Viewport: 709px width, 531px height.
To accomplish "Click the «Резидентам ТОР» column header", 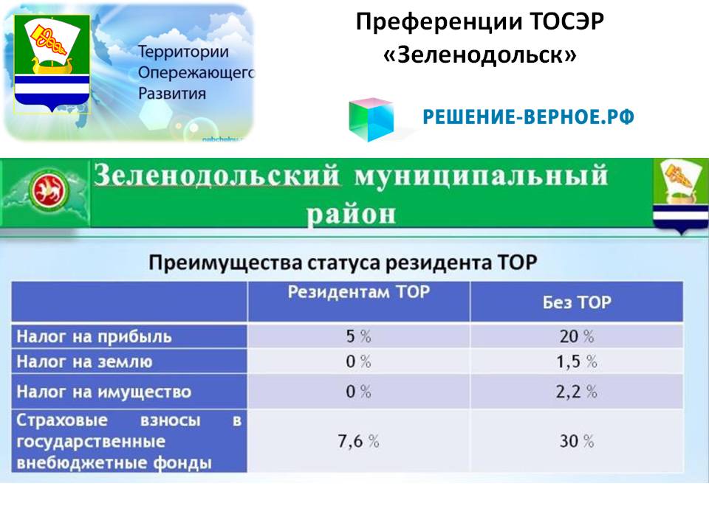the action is tap(359, 292).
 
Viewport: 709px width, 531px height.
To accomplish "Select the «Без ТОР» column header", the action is tap(577, 302).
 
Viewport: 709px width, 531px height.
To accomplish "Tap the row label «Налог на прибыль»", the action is tap(94, 337).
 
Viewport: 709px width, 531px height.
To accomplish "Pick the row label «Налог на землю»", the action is tap(84, 361).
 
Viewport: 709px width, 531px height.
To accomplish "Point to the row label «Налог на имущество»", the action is tap(103, 392).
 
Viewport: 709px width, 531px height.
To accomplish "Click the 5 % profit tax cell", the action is tap(359, 336).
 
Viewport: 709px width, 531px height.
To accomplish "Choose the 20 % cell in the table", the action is tap(577, 336).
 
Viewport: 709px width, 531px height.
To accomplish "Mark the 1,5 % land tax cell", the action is tap(577, 361).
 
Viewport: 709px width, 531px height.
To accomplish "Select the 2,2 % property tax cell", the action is tap(577, 392).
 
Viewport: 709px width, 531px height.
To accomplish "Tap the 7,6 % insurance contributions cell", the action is tap(359, 441).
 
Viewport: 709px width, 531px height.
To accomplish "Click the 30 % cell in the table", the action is tap(577, 441).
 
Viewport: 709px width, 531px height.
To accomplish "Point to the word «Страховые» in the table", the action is tap(62, 420).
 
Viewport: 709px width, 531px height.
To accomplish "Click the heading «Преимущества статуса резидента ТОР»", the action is tap(343, 263).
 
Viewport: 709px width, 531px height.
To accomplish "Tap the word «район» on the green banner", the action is tap(351, 214).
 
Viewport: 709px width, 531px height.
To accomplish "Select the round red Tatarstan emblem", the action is tap(49, 190).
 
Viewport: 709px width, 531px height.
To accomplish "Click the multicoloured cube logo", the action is tap(371, 119).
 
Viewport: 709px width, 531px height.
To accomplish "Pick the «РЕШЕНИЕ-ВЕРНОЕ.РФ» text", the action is tap(528, 117).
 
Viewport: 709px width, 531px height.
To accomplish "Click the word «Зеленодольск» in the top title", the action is tap(480, 55).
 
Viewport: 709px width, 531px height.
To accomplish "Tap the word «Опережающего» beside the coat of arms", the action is tap(196, 73).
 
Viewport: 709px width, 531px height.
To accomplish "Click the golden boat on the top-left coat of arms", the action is tap(51, 65).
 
